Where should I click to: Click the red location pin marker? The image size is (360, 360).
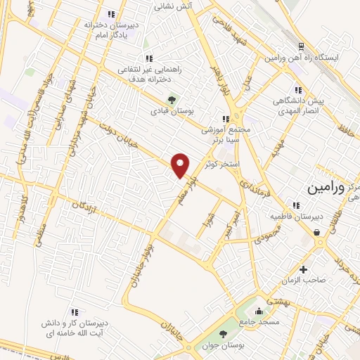pos(181,165)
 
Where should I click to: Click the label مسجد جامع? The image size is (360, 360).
pos(260,321)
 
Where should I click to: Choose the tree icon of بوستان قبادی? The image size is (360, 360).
pos(169,99)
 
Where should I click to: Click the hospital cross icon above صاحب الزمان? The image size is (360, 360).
pos(303,269)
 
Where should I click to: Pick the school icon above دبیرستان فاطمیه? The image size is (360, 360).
pos(297,205)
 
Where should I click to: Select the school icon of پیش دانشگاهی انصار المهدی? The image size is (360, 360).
pos(298,90)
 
